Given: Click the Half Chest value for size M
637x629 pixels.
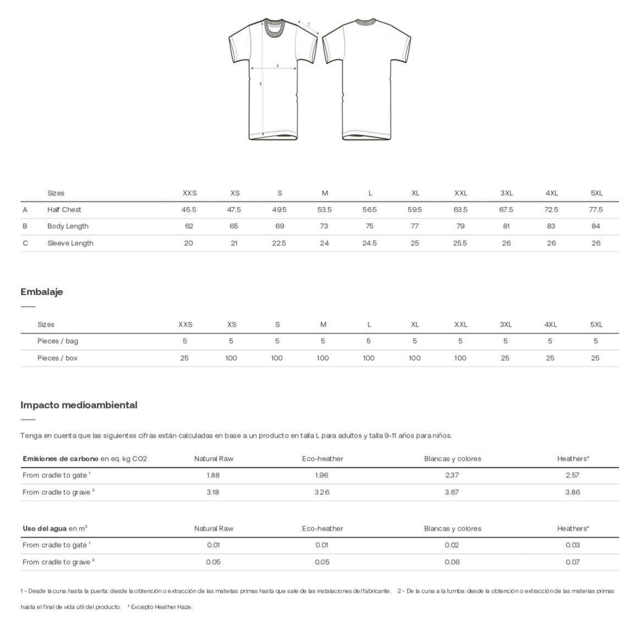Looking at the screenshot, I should point(325,209).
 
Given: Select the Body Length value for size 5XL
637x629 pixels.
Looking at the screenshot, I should point(596,226).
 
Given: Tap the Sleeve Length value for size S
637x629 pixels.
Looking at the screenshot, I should point(279,243).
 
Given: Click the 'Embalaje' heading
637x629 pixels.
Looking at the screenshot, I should point(42,292).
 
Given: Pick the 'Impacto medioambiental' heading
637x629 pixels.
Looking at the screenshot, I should point(79,405).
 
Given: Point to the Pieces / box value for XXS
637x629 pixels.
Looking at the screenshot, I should point(184,358).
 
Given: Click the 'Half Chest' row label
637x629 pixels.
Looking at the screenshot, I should point(64,209).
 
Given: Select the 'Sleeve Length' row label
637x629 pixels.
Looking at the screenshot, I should point(70,243).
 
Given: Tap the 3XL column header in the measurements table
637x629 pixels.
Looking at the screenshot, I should point(506,193).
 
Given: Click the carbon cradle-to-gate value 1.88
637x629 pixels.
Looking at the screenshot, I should point(213,475).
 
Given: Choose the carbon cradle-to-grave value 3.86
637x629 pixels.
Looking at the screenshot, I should point(573,492).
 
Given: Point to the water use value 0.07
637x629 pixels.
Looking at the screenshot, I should point(573,562).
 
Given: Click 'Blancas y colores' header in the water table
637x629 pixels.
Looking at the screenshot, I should point(452,528).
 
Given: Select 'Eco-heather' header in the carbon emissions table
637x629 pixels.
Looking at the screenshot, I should point(322,459).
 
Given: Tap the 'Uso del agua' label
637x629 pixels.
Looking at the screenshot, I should point(45,528).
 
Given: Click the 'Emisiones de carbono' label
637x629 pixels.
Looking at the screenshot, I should point(61,459).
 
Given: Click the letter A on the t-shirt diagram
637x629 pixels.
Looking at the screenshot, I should point(277,65).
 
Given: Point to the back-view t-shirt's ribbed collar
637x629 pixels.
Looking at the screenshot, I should point(365,22).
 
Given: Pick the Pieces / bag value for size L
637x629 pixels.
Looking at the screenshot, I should point(369,341).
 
